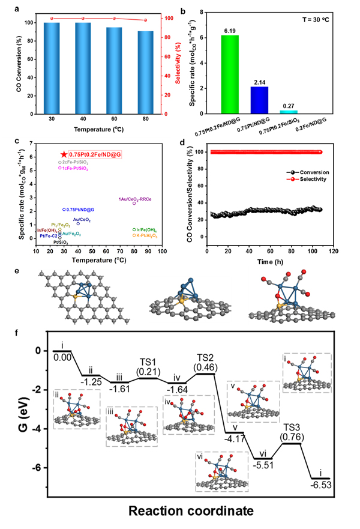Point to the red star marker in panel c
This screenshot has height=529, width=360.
point(64,155)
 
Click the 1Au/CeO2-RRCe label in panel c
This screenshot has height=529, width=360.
point(135,199)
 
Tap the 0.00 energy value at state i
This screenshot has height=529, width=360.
point(62,357)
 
